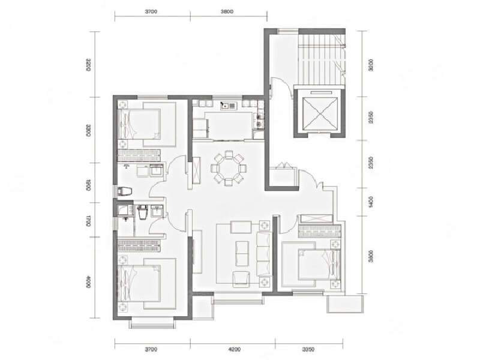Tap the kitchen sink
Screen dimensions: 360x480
[229, 106]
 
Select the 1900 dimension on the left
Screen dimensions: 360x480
[88, 185]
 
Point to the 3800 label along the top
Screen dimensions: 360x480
[227, 11]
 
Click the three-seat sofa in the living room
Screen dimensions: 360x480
[264, 252]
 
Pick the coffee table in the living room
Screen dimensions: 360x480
[243, 253]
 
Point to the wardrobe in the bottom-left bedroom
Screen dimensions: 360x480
[142, 244]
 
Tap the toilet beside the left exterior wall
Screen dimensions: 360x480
[125, 191]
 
